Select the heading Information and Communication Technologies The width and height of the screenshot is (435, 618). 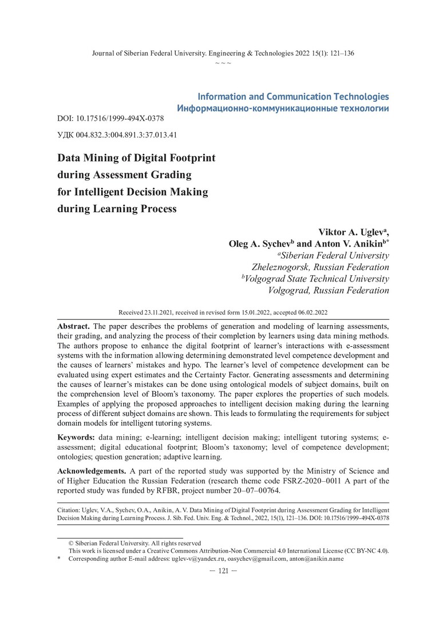point(292,97)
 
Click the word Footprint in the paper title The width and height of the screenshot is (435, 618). point(184,157)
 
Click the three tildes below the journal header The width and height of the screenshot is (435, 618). point(223,62)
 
